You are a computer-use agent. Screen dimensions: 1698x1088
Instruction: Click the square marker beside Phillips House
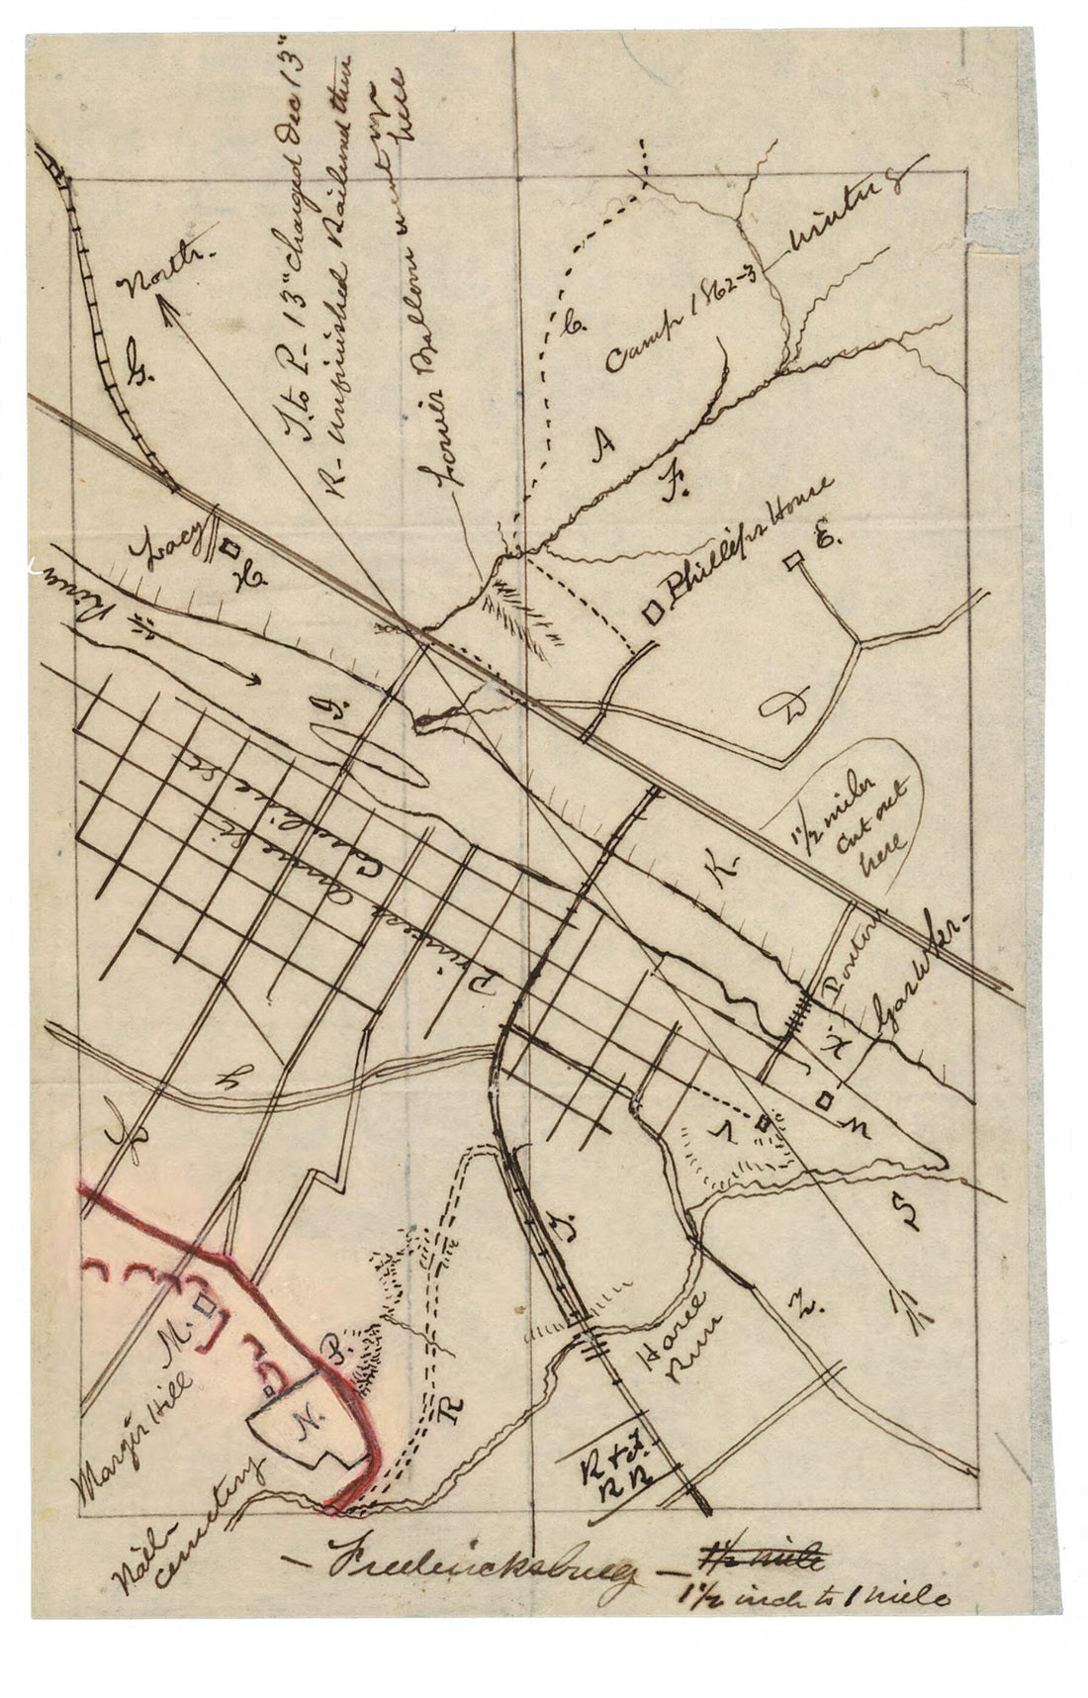[x=653, y=613]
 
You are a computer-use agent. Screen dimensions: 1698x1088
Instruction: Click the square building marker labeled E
[x=791, y=562]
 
